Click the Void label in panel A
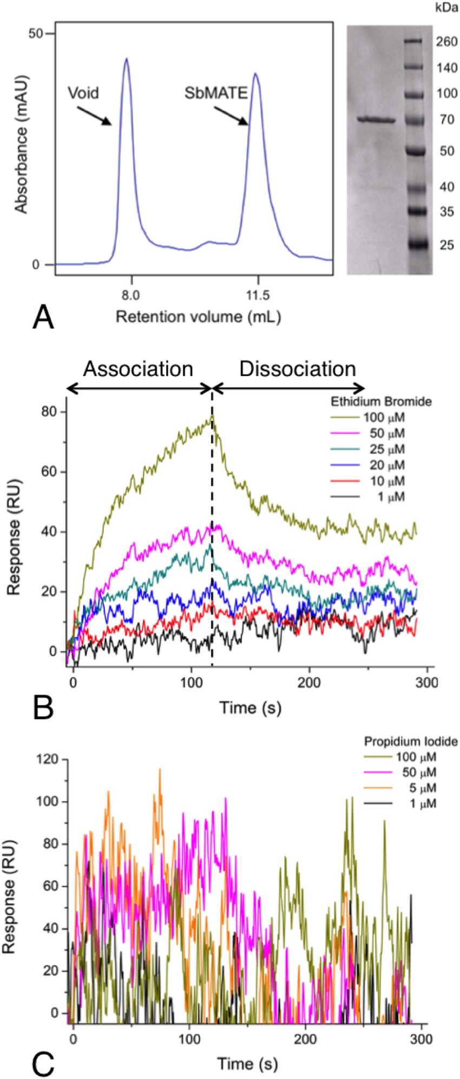pyautogui.click(x=83, y=93)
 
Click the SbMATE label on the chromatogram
pyautogui.click(x=216, y=93)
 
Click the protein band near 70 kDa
pyautogui.click(x=377, y=120)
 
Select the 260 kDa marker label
pyautogui.click(x=432, y=42)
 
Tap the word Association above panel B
pyautogui.click(x=138, y=369)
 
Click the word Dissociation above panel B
pyautogui.click(x=298, y=369)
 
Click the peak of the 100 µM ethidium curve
pyautogui.click(x=212, y=416)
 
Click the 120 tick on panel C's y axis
pyautogui.click(x=49, y=760)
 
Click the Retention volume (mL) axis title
pyautogui.click(x=198, y=316)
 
